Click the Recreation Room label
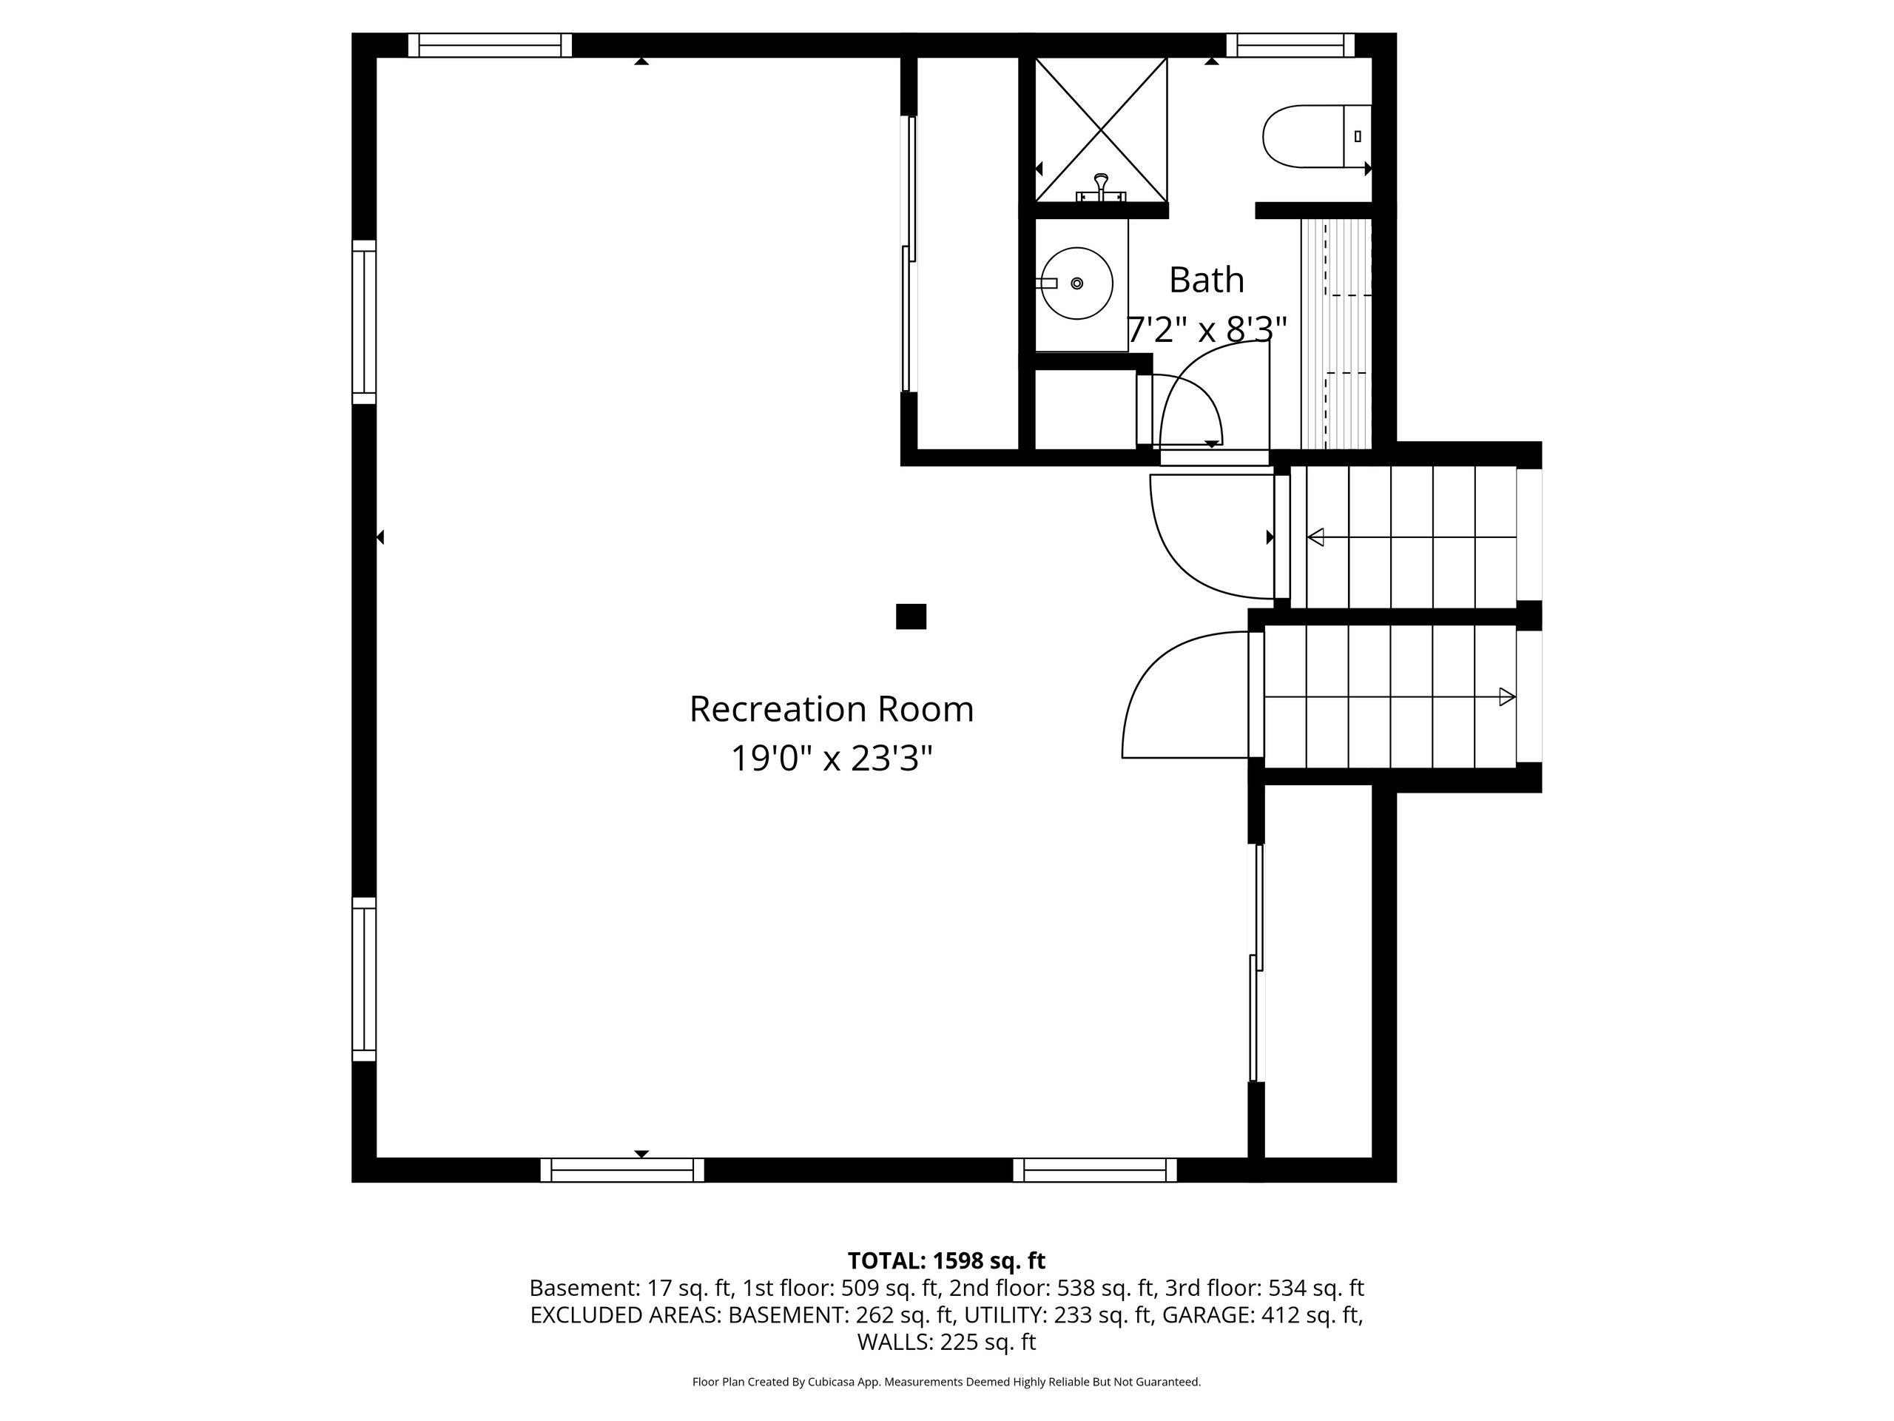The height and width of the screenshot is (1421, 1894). click(x=832, y=709)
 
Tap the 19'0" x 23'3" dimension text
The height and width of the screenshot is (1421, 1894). click(x=832, y=758)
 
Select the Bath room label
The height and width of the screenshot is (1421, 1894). click(x=1207, y=279)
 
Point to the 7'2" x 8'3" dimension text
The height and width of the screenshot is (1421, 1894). click(x=1207, y=329)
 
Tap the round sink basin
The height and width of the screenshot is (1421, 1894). click(x=1076, y=283)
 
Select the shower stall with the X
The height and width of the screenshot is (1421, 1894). click(x=1101, y=130)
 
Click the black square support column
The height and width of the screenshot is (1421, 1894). click(x=911, y=617)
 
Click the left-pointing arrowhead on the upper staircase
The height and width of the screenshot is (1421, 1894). click(x=1316, y=537)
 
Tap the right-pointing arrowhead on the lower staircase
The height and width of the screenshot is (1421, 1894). click(x=1507, y=697)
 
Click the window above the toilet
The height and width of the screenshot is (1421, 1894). click(x=1290, y=44)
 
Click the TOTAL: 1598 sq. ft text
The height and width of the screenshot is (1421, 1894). click(x=946, y=1261)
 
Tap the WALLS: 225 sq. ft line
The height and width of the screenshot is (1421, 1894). click(x=946, y=1343)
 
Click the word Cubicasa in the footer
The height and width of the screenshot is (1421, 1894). click(x=827, y=1382)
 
